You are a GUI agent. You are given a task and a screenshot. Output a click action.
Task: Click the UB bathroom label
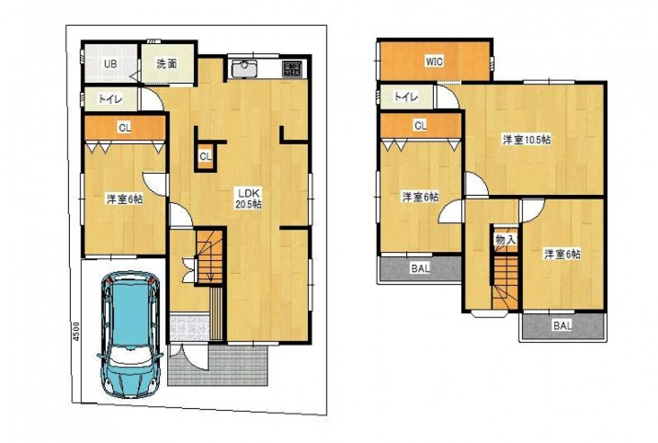[x=110, y=64]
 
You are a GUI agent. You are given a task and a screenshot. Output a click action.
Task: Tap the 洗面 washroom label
[x=167, y=64]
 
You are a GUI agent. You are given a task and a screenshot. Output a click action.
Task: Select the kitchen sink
[x=244, y=69]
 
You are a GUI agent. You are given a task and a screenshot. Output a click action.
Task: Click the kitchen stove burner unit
[x=292, y=69]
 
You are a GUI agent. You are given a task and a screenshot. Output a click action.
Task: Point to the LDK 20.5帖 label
[x=249, y=199]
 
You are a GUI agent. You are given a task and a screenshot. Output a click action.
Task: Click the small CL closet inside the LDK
[x=206, y=157]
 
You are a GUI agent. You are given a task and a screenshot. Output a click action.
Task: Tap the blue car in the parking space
[x=130, y=335]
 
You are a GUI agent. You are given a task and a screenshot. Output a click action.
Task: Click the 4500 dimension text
[x=76, y=331]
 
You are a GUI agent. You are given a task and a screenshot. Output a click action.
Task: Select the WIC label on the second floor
[x=434, y=62]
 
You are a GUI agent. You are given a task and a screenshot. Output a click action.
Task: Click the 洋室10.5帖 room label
[x=527, y=140]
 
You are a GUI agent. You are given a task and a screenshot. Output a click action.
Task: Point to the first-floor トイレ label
[x=111, y=99]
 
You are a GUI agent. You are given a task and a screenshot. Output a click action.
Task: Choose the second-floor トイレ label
[x=406, y=97]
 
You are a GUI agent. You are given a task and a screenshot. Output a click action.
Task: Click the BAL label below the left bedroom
[x=421, y=268]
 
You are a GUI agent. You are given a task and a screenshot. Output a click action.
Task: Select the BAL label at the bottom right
[x=562, y=326]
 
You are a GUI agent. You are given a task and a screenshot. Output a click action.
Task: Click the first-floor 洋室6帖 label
[x=125, y=199]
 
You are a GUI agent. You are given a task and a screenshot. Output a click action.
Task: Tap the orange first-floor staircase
[x=209, y=257]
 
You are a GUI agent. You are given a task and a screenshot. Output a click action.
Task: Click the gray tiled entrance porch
[x=218, y=365]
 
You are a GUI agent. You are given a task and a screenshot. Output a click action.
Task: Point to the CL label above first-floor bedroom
[x=125, y=127]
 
